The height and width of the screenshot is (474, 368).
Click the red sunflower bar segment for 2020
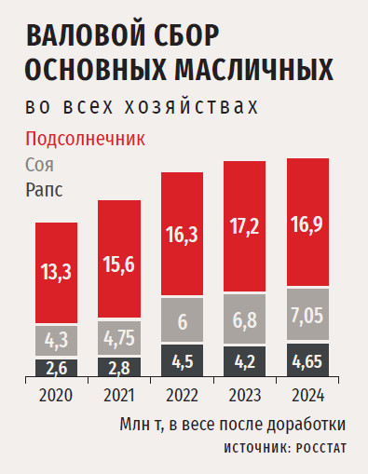click(x=56, y=273)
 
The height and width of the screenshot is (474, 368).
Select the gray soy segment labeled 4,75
click(x=119, y=338)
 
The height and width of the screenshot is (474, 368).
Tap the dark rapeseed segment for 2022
click(x=182, y=360)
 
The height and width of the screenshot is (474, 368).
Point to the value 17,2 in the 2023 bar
click(x=245, y=226)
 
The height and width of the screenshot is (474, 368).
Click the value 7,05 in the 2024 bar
click(x=307, y=316)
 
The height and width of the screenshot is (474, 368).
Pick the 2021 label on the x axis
click(x=119, y=395)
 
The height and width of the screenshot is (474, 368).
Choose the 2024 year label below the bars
click(x=307, y=395)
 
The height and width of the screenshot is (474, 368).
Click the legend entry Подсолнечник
click(x=85, y=139)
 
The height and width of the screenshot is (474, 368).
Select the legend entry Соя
click(x=39, y=165)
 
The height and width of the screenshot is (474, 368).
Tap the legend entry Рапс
click(x=44, y=190)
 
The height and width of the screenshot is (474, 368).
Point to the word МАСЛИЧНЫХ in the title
click(x=254, y=69)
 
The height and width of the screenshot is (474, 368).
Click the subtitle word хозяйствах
click(x=192, y=107)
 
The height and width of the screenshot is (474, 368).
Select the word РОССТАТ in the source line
click(x=321, y=448)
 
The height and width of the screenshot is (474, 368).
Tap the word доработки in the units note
click(x=307, y=424)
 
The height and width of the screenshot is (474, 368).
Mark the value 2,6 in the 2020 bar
click(x=57, y=369)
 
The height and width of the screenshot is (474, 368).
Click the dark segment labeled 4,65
click(x=307, y=360)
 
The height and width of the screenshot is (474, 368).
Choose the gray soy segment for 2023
click(x=245, y=318)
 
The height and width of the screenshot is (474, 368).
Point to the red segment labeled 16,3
click(x=182, y=234)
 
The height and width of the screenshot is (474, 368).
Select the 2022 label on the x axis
click(x=182, y=395)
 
